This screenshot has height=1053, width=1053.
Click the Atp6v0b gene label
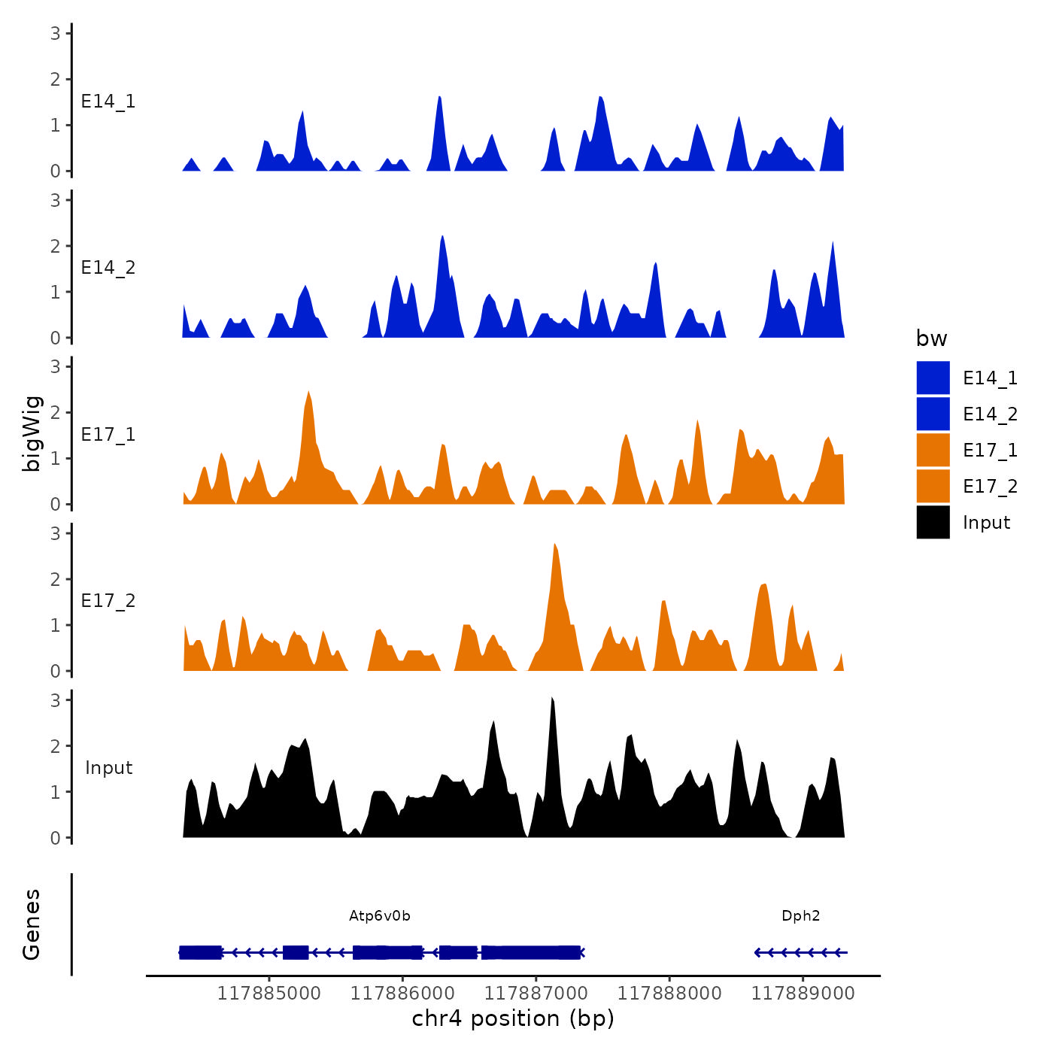click(380, 915)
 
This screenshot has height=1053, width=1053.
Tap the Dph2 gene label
click(800, 915)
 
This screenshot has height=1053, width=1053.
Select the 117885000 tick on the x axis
click(269, 993)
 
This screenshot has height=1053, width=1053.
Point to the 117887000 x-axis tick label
click(536, 993)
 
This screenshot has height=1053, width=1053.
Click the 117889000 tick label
click(803, 993)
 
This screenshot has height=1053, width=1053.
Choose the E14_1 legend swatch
click(933, 378)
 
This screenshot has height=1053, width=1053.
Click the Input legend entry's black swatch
click(933, 522)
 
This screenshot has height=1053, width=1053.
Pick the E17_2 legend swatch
click(933, 486)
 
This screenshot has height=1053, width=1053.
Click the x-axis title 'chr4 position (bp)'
click(513, 1018)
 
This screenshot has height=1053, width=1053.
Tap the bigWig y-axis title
click(32, 434)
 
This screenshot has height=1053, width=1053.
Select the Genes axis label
click(32, 924)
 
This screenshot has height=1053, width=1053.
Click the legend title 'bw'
click(931, 338)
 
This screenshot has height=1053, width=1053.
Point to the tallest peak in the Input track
click(552, 699)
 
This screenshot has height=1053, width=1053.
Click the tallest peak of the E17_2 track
click(554, 544)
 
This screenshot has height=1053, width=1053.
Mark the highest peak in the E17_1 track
click(308, 392)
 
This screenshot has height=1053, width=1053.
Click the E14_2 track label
click(108, 268)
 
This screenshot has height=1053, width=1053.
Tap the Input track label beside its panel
click(108, 768)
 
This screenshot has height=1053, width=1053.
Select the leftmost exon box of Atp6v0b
click(201, 952)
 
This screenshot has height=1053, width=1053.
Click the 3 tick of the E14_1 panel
click(56, 33)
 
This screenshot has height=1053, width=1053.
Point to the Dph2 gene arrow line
click(801, 952)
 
